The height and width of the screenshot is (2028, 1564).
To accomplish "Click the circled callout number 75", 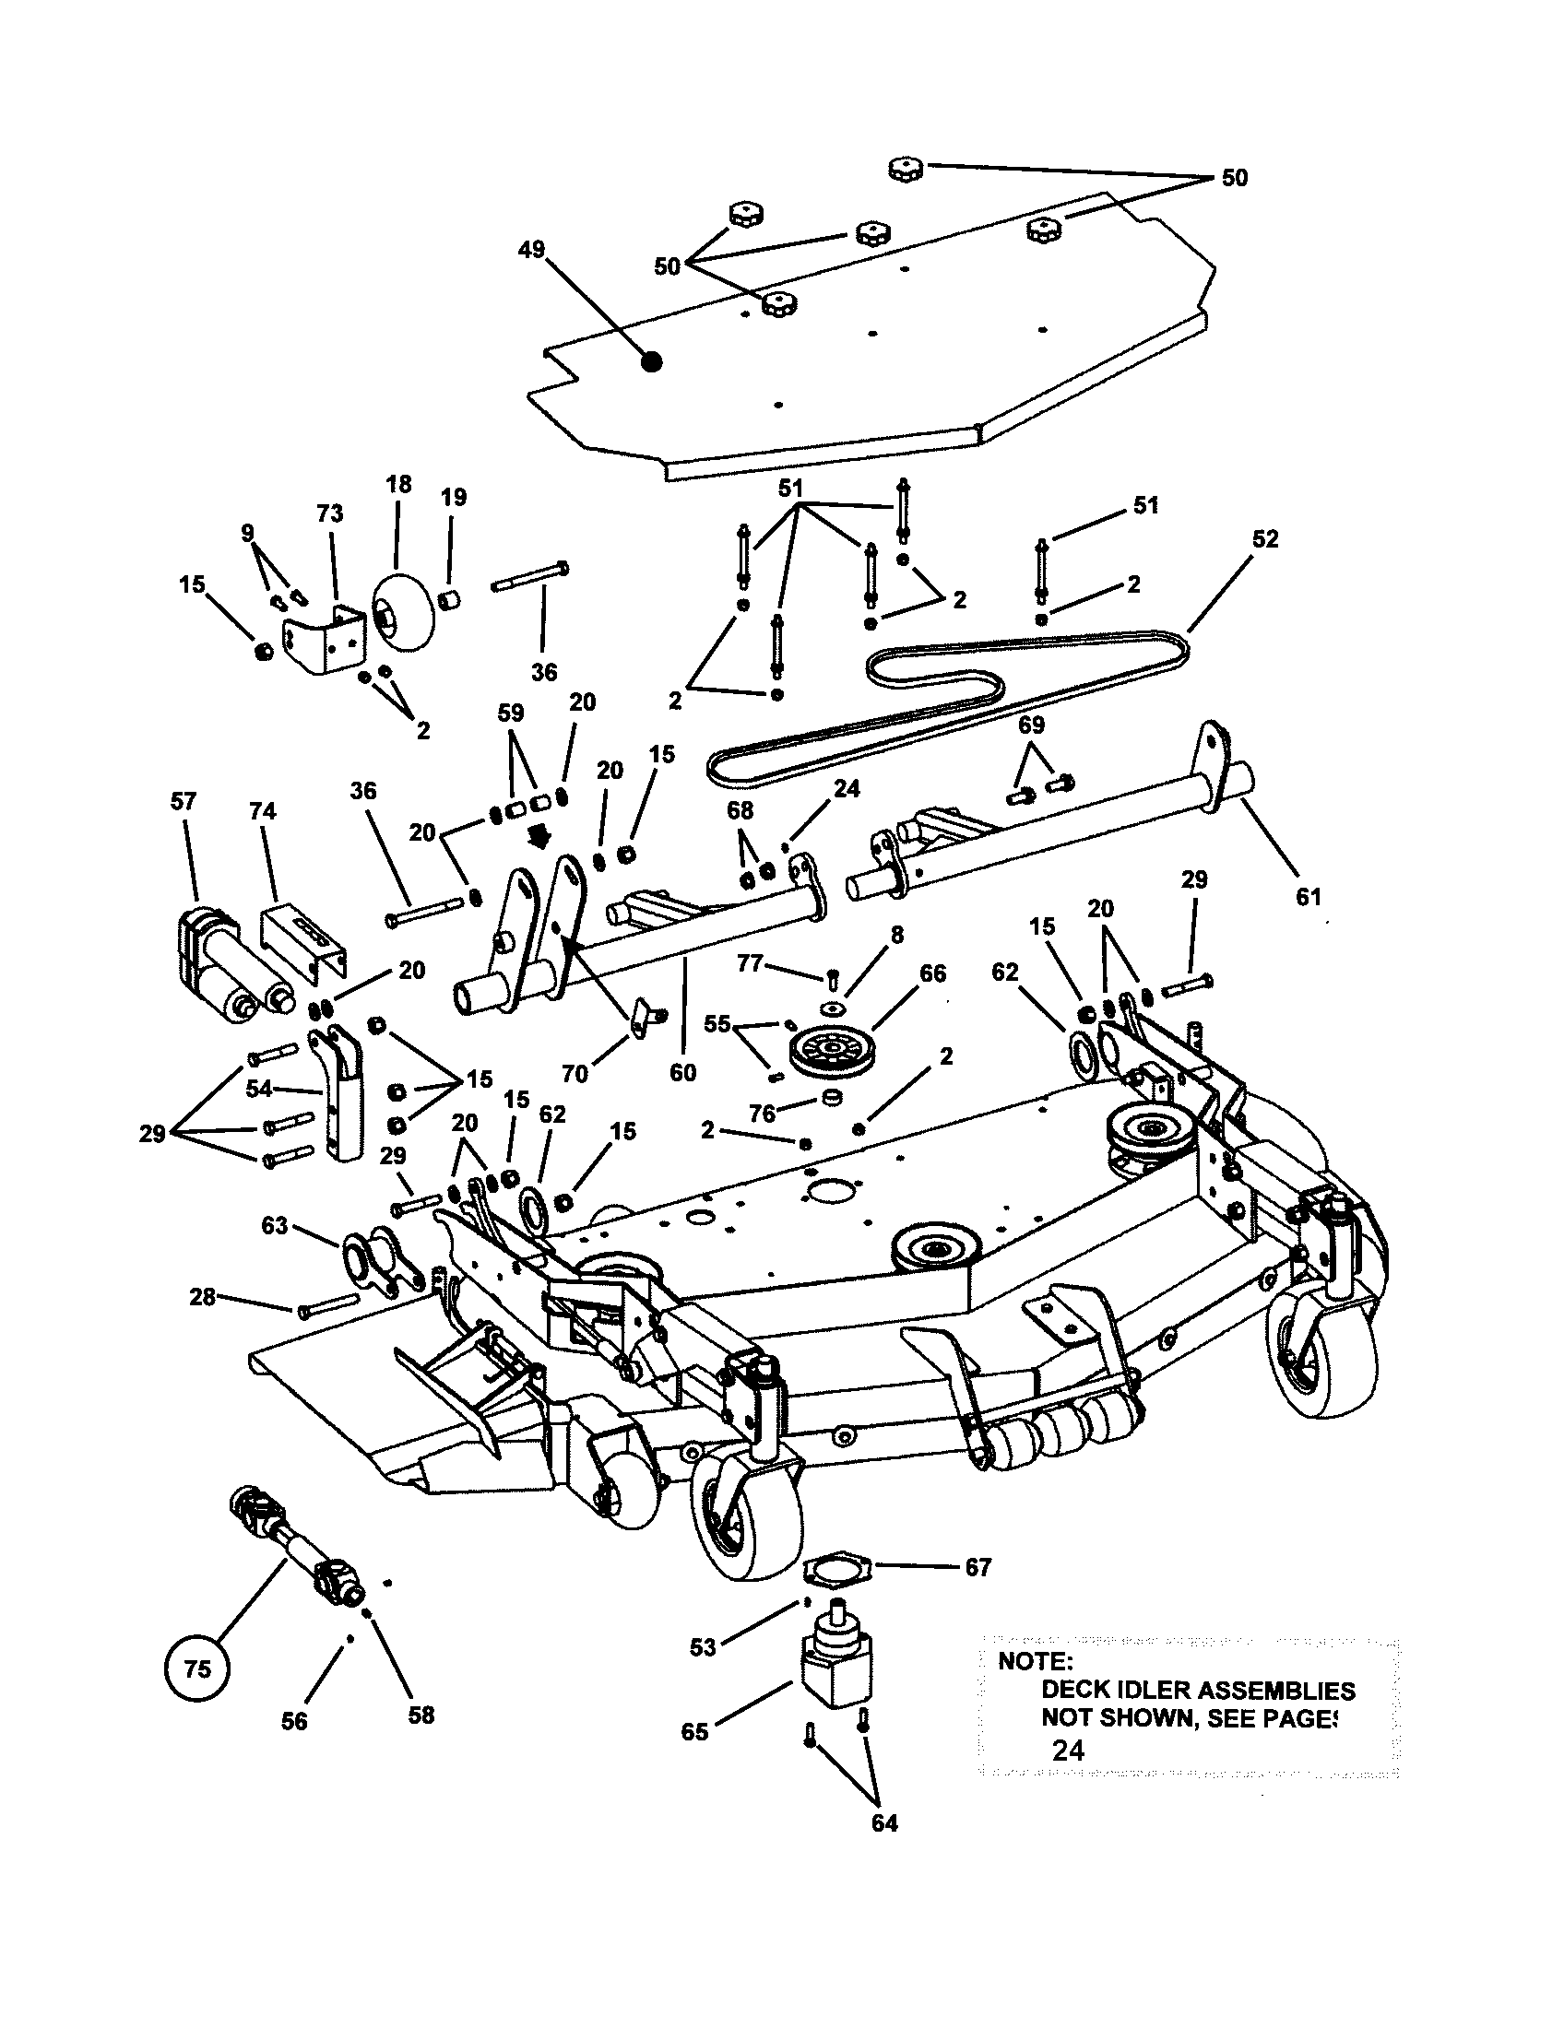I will click(197, 1669).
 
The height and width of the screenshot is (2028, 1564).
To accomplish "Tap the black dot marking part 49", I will click(653, 363).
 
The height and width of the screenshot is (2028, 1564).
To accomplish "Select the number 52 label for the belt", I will click(1265, 539).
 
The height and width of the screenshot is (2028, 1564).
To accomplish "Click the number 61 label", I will click(1308, 897).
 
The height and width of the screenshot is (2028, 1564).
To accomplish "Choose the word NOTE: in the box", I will click(1035, 1661).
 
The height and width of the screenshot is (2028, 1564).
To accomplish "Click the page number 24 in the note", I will click(1068, 1751).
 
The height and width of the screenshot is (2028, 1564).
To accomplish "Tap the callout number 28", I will click(203, 1296).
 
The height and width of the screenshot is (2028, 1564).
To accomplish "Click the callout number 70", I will click(575, 1073).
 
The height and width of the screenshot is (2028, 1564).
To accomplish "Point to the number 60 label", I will click(682, 1071).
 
